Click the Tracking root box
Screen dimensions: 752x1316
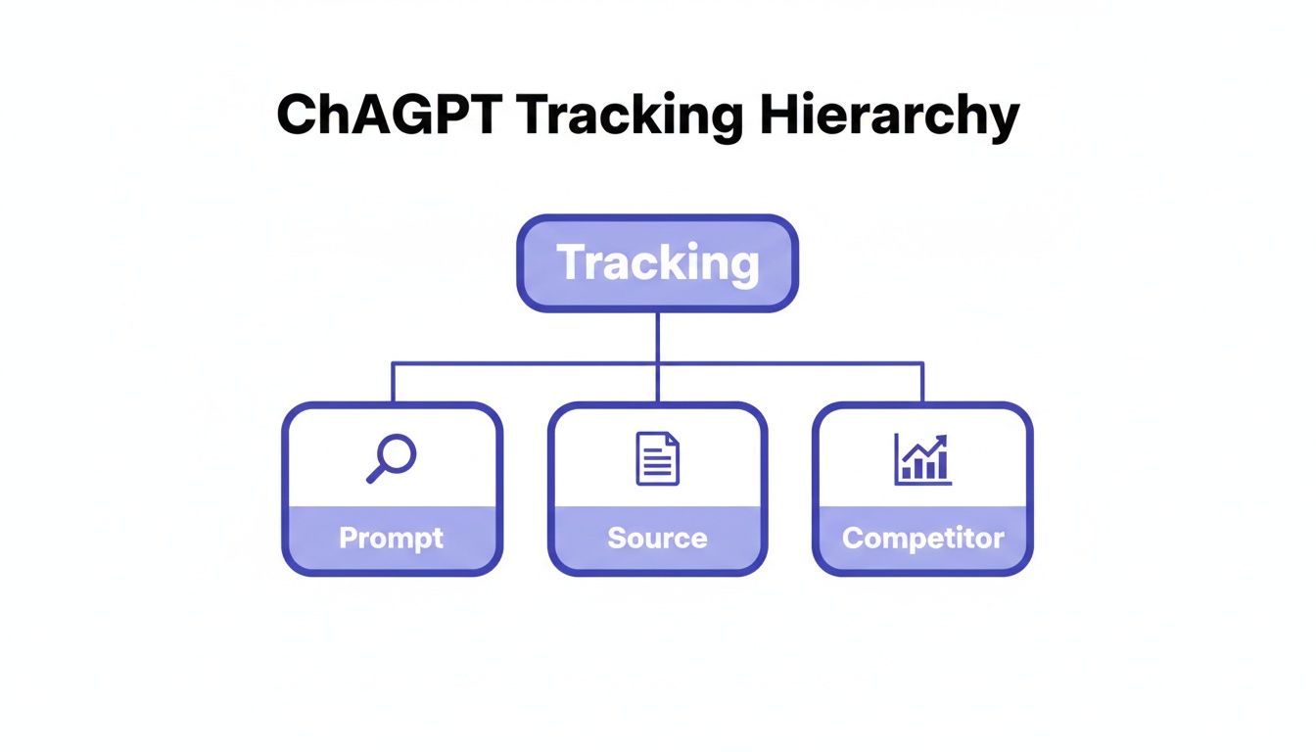click(x=657, y=263)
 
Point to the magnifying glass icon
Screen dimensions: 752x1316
click(x=392, y=458)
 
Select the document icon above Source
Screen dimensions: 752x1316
click(x=657, y=458)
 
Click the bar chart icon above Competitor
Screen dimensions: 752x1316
click(x=922, y=460)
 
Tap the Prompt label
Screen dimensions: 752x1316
click(x=392, y=538)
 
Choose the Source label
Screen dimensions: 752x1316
click(x=657, y=538)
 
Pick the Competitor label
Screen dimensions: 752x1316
click(x=922, y=538)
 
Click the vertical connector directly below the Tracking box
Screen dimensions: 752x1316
click(x=657, y=337)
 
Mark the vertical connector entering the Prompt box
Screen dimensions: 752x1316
click(x=393, y=383)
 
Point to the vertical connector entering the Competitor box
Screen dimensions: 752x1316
click(x=922, y=383)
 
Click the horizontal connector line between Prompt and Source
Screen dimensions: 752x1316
click(x=524, y=363)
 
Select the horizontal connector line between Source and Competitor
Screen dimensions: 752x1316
click(x=789, y=363)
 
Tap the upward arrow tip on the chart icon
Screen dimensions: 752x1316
click(x=943, y=440)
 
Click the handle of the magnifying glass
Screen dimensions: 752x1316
click(x=376, y=475)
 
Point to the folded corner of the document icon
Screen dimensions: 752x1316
click(x=672, y=441)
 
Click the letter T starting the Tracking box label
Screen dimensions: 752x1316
click(x=571, y=262)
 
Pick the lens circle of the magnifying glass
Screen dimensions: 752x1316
click(x=399, y=451)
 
